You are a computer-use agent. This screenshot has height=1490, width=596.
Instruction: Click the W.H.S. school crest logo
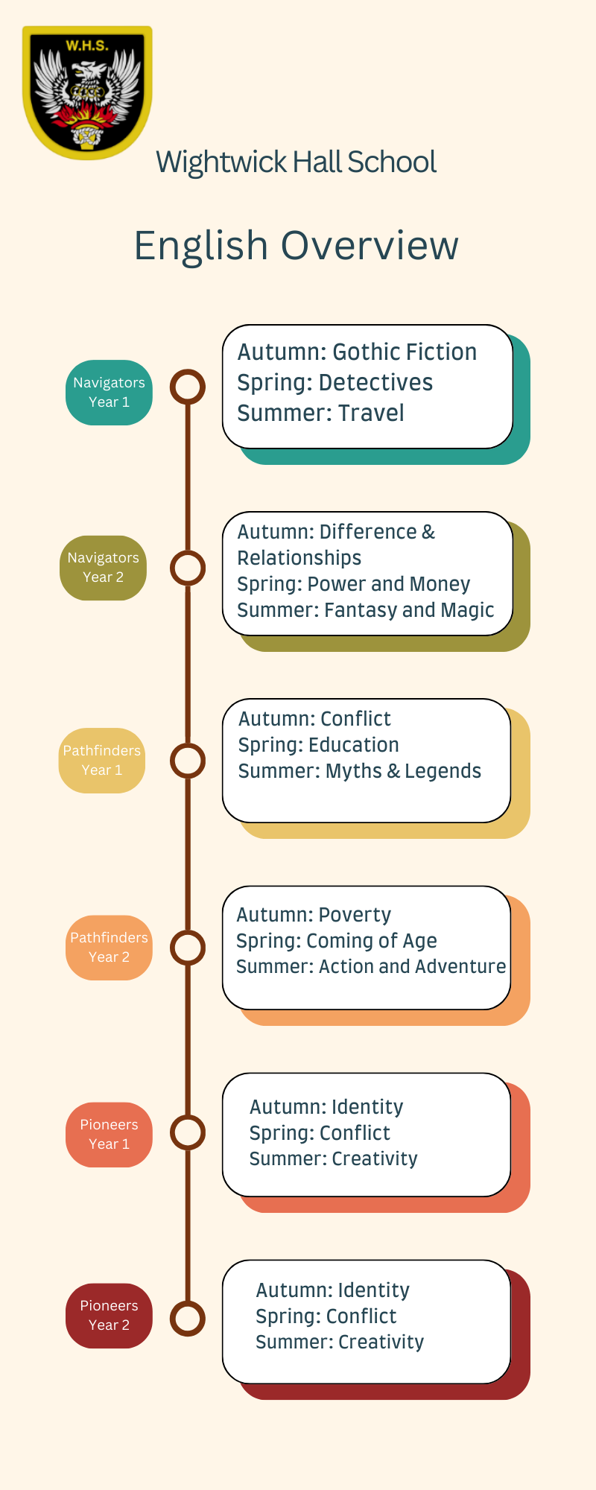(87, 92)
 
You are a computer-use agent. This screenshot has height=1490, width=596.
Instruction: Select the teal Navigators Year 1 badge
(109, 393)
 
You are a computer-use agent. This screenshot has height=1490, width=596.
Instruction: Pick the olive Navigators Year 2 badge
(103, 568)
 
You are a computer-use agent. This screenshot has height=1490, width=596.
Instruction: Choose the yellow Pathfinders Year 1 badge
(102, 761)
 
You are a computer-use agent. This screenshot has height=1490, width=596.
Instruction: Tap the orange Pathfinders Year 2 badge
(109, 948)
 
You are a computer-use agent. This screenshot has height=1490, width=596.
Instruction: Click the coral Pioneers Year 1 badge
(109, 1135)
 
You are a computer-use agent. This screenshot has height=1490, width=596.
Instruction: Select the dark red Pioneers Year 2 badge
(109, 1316)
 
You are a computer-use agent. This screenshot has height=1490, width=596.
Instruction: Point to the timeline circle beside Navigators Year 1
(188, 387)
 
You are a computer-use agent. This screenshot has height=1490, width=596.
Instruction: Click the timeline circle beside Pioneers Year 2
(188, 1318)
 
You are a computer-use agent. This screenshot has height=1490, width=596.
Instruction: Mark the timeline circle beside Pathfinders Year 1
(188, 761)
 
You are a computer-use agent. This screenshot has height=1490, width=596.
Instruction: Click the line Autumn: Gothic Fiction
(357, 352)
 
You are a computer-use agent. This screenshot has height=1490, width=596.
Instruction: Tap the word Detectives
(375, 383)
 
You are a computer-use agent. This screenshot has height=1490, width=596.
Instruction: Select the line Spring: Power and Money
(354, 584)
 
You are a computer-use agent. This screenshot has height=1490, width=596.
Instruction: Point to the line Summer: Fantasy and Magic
(365, 610)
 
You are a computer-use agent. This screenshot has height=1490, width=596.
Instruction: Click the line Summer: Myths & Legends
(360, 771)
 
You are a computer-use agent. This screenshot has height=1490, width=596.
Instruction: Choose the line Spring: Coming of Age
(337, 941)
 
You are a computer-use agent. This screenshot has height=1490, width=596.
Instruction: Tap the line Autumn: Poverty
(314, 915)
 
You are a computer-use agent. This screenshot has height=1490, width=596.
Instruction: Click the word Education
(354, 745)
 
